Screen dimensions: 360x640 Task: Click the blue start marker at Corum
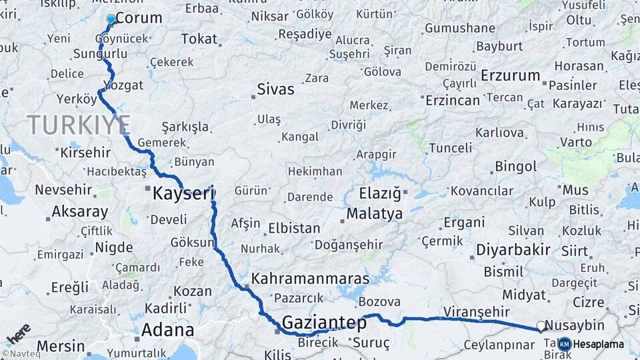[111, 20]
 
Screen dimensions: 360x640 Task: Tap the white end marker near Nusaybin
[541, 326]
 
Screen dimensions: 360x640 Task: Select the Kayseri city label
[184, 194]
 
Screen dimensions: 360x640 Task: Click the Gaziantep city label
[324, 323]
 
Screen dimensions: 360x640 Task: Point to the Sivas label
[275, 89]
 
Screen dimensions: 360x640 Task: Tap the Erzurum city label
[510, 75]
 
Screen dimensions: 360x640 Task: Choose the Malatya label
[374, 214]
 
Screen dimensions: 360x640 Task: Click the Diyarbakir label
[513, 250]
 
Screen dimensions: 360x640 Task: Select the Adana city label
[167, 330]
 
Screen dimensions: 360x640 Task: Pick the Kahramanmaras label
[311, 278]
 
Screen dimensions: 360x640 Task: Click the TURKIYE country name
[79, 125]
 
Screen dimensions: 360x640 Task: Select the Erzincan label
[453, 101]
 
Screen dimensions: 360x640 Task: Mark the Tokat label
[199, 39]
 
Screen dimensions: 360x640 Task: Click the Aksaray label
[80, 212]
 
